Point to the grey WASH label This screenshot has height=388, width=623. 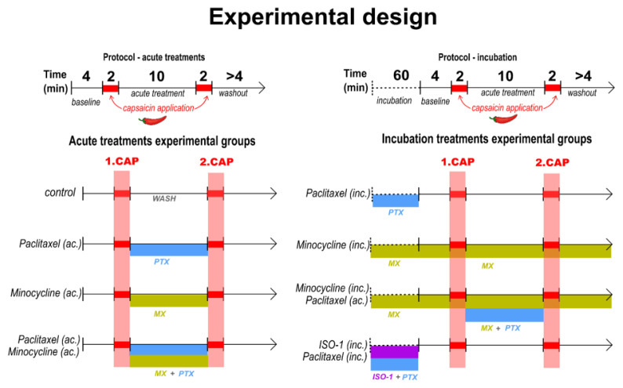(x=166, y=199)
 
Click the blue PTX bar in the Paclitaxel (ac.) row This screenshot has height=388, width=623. (x=169, y=249)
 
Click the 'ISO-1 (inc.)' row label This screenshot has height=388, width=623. (x=341, y=341)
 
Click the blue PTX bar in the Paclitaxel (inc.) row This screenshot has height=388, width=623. (x=395, y=200)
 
